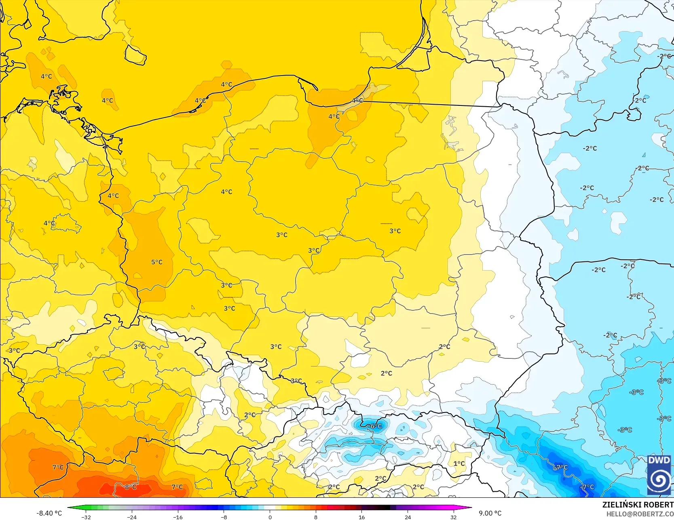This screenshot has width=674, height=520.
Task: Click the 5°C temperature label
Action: pos(157,262)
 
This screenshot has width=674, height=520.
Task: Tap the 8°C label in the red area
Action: pos(130,487)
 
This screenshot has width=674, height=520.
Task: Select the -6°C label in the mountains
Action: pos(374,426)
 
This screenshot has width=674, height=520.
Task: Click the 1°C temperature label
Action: pos(459,463)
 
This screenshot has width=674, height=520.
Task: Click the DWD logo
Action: pos(659,474)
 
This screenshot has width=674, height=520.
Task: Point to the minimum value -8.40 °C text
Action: pos(49,513)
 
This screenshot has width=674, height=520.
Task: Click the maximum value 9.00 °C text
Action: pos(490,513)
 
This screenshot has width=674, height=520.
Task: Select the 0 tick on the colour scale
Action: pos(270,517)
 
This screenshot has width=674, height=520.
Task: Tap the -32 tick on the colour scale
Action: pos(86,517)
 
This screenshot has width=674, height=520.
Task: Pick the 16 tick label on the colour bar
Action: pos(361,517)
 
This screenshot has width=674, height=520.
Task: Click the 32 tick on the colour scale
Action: pos(453,517)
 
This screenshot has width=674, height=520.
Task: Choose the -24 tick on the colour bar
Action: pos(132,517)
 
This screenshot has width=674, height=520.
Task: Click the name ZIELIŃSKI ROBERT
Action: pos(638,505)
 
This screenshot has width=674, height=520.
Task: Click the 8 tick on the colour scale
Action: pos(316,517)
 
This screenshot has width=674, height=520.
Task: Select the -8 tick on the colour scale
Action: pos(224,517)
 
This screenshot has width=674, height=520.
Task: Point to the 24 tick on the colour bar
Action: pos(408,517)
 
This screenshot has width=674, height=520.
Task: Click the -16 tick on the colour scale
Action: pos(178,517)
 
